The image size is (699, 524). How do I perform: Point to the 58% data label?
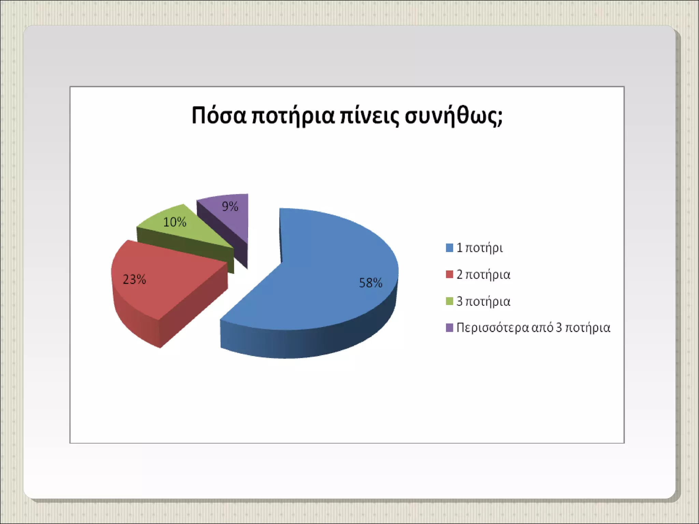(x=371, y=283)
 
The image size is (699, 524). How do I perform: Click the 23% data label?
(x=134, y=280)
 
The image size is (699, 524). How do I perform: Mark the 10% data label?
(x=175, y=222)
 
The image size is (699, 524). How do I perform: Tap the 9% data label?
(x=230, y=206)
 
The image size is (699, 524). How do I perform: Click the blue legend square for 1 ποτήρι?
(x=450, y=248)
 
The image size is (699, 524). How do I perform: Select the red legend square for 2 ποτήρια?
(x=450, y=274)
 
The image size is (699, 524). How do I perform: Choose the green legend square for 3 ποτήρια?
(x=450, y=301)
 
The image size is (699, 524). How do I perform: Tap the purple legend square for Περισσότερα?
(x=450, y=327)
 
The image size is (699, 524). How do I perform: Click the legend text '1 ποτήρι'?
(x=480, y=248)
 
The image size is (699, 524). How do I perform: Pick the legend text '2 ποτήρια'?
(x=484, y=275)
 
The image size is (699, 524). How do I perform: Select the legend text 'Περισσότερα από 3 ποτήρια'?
(x=533, y=328)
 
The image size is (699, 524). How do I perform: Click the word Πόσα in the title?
(x=219, y=115)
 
